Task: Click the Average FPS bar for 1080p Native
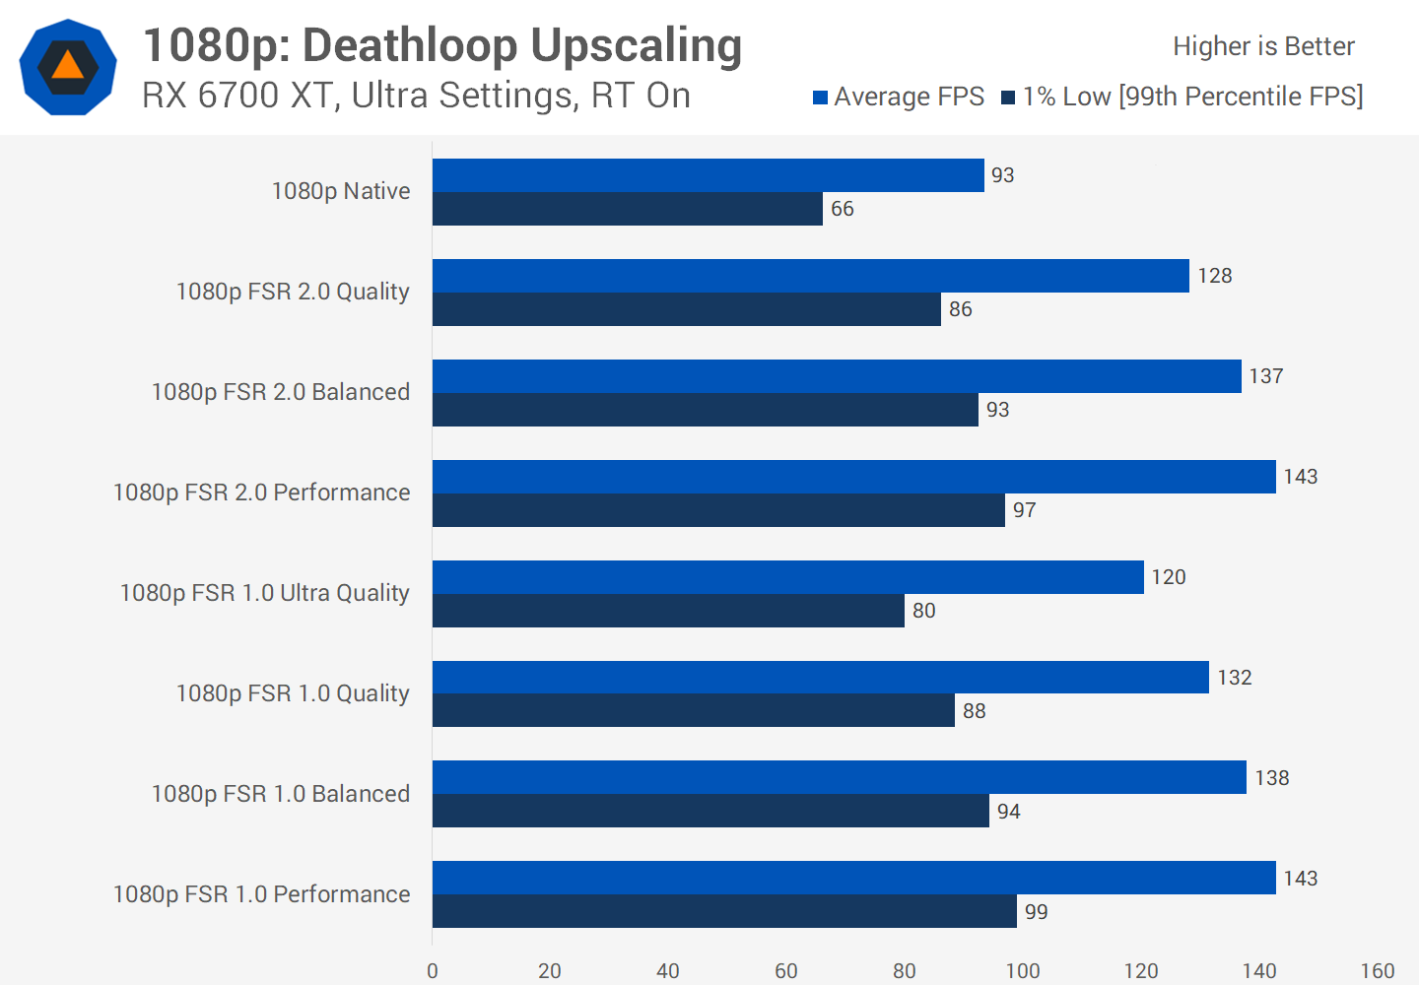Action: (x=708, y=175)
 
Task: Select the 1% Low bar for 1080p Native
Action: (x=627, y=209)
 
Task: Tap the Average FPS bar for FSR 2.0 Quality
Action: (x=810, y=276)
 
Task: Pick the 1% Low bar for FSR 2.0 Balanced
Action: (x=705, y=410)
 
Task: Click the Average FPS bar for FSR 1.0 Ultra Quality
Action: (x=787, y=577)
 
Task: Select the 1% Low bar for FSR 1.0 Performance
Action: (x=724, y=911)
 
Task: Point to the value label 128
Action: (x=1214, y=276)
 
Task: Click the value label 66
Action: (x=842, y=209)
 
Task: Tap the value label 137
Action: (x=1265, y=376)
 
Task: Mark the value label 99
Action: (x=1036, y=912)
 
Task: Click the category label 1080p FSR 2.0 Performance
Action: (x=261, y=492)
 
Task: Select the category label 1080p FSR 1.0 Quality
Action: (x=292, y=693)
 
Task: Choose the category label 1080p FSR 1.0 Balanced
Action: (x=280, y=794)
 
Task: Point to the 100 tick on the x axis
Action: (x=1022, y=971)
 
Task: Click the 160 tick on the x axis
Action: (x=1377, y=971)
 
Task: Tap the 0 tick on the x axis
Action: (x=433, y=971)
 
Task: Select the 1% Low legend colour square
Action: (x=1008, y=98)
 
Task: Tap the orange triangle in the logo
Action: (x=68, y=66)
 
